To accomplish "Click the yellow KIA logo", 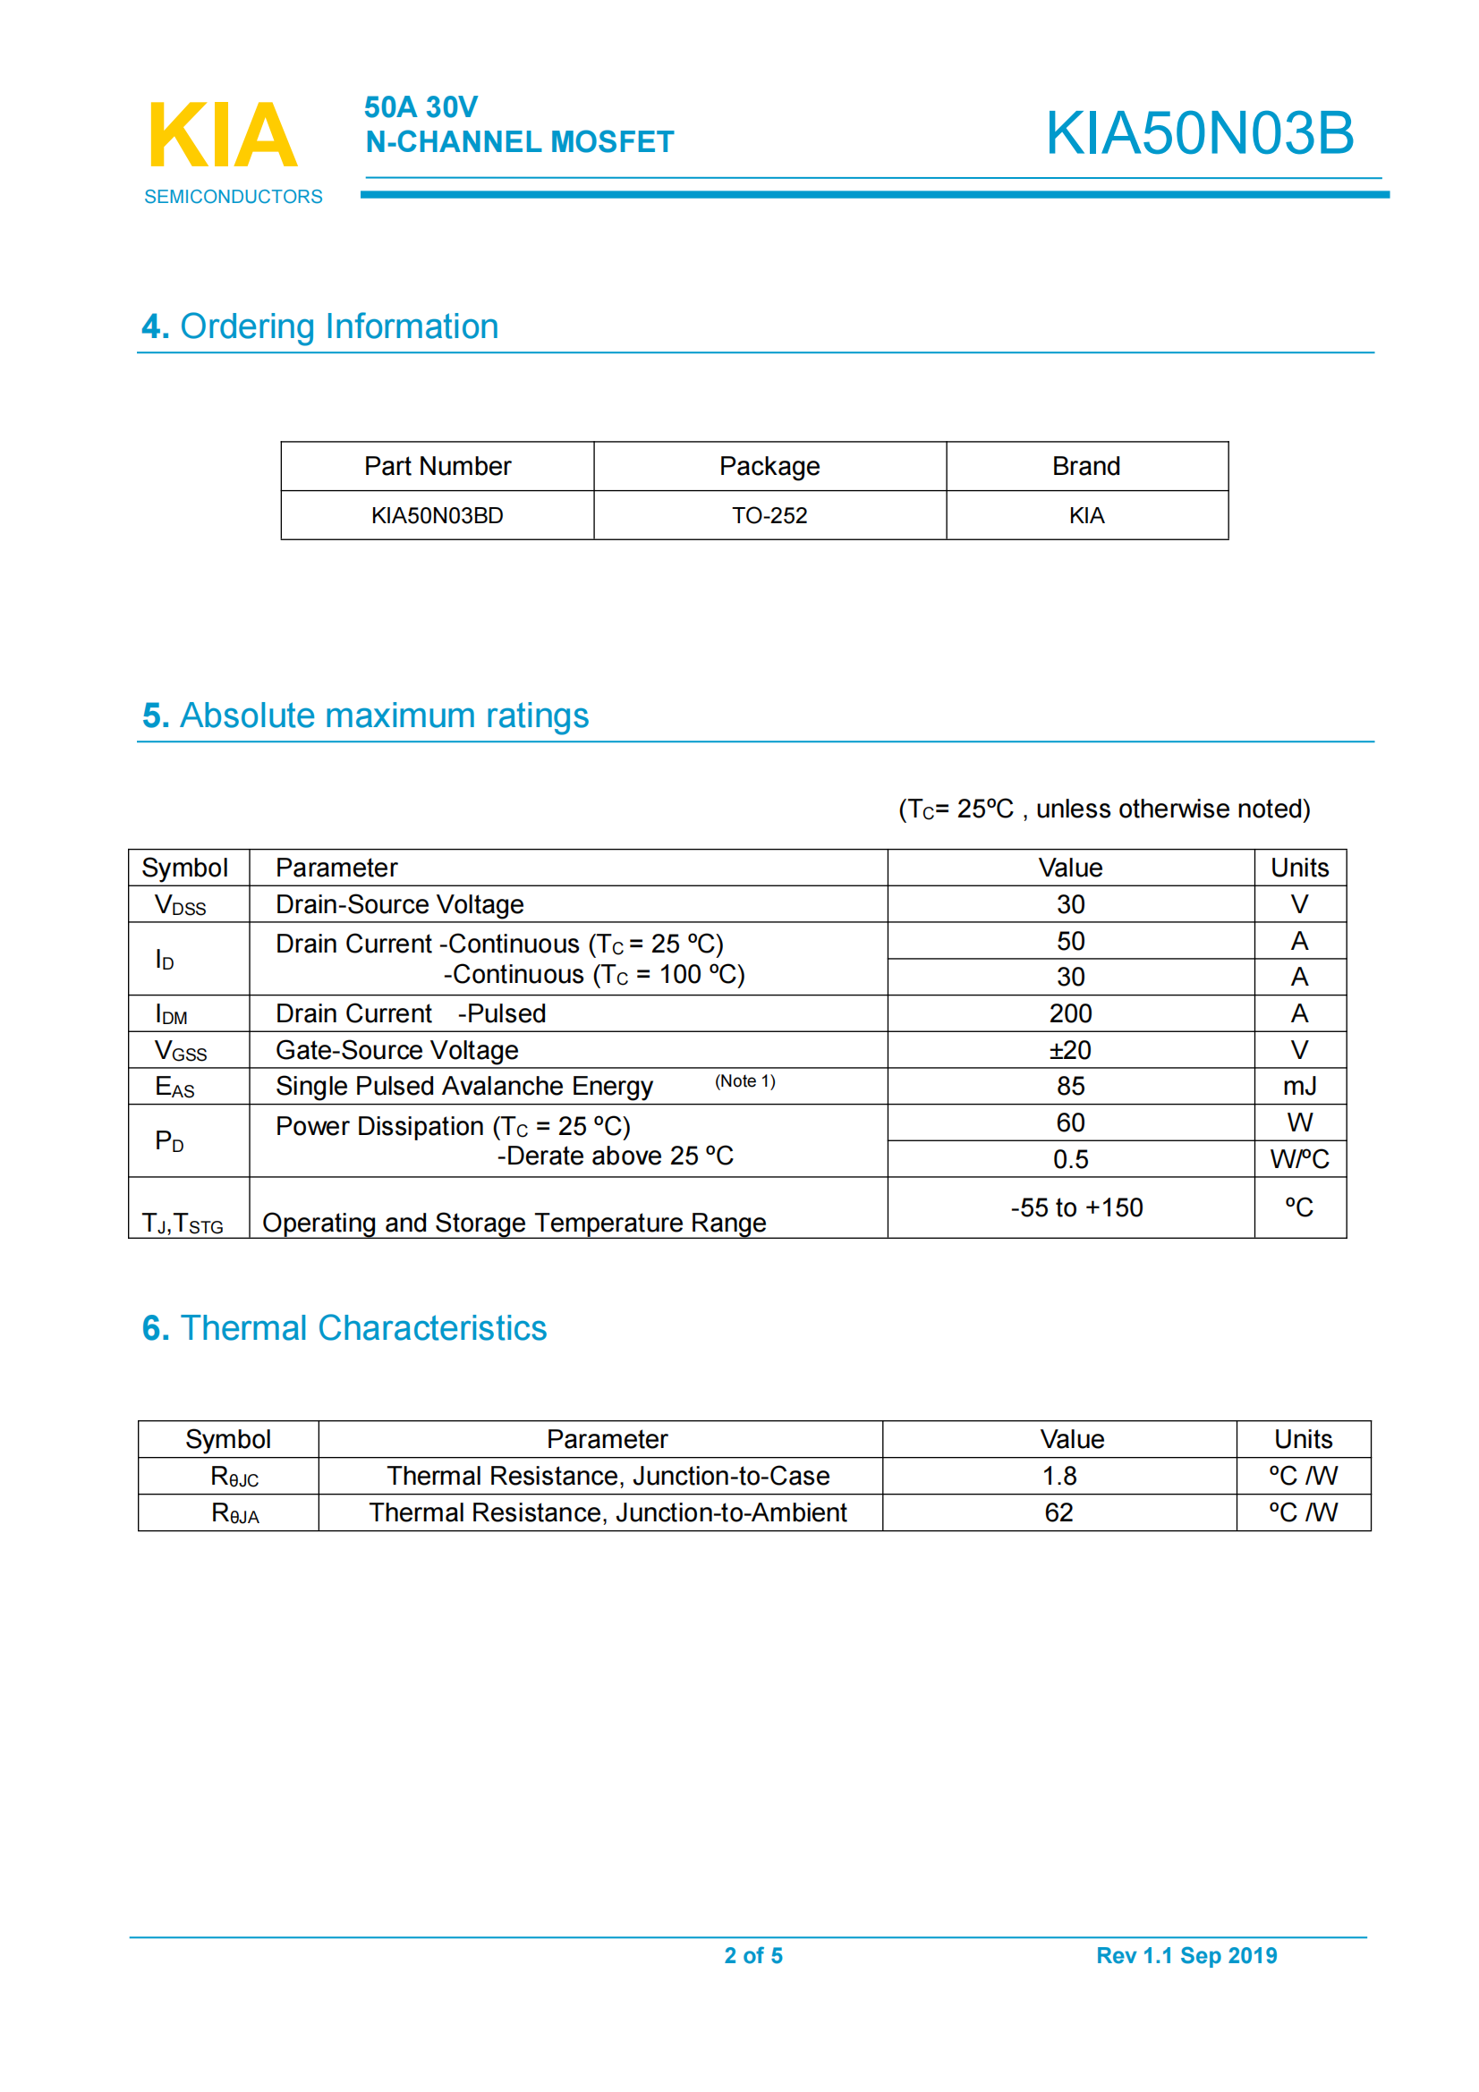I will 223,135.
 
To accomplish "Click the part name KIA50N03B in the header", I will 1198,133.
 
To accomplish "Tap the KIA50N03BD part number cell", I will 437,516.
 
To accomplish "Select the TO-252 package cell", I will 769,516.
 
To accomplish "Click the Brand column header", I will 1085,467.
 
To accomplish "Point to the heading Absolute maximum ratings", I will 364,716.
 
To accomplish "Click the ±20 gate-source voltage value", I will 1070,1051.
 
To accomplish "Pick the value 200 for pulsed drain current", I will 1070,1013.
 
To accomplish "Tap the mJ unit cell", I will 1298,1086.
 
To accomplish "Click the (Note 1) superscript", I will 744,1081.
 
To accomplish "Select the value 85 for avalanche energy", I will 1070,1086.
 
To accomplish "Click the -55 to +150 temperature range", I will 1075,1207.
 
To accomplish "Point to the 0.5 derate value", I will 1070,1159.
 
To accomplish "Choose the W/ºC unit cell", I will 1298,1159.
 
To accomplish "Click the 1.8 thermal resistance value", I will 1058,1475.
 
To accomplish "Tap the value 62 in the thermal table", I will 1058,1512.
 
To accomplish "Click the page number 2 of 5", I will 752,1955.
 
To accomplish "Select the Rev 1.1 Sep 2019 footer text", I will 1186,1955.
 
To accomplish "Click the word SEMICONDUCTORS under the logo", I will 234,197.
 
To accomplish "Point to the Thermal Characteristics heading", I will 344,1327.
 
